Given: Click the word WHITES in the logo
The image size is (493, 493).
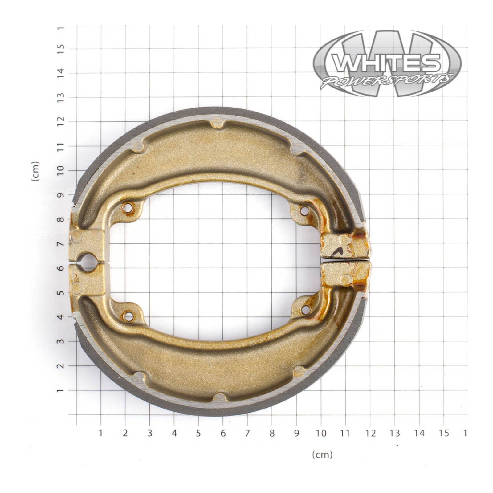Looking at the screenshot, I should (387, 63).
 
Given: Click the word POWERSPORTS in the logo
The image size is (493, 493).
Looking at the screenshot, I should (387, 81).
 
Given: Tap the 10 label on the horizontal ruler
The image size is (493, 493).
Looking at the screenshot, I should (321, 433).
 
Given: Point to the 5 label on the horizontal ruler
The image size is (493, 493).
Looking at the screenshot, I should (198, 433).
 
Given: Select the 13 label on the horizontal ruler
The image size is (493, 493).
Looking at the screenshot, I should (395, 433).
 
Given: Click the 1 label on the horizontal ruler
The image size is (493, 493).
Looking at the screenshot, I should (100, 433).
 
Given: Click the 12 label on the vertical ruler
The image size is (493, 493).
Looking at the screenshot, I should (61, 121).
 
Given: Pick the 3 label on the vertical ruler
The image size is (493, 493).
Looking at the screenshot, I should (61, 341).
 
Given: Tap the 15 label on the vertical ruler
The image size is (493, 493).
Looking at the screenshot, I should (61, 48).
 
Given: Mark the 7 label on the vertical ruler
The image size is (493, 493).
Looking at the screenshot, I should (61, 244).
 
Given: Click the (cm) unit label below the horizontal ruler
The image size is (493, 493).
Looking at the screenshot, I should (322, 454).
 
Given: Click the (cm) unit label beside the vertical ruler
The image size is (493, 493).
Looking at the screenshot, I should (36, 171).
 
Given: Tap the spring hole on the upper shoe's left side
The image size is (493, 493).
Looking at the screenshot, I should (128, 208).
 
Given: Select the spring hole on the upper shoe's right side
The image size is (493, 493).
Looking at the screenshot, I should (304, 211).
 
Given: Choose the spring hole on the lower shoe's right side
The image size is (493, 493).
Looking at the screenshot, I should (305, 310).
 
